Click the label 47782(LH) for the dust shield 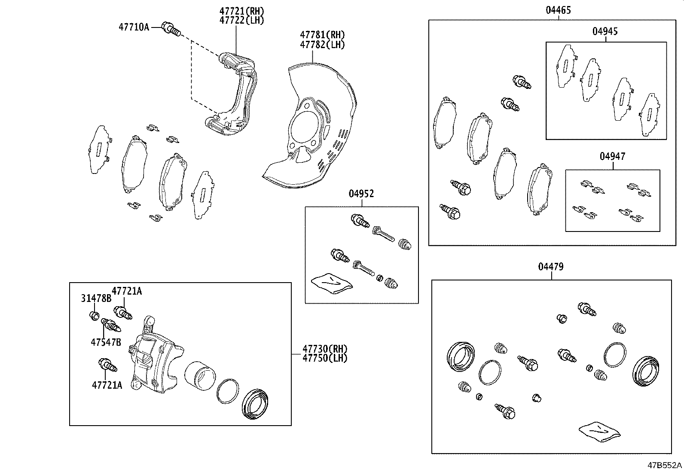coord(322,44)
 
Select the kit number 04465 coord(558,10)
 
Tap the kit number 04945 coord(605,31)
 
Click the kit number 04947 coord(612,156)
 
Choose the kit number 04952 coord(361,194)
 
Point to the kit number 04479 coord(551,267)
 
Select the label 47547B coord(106,342)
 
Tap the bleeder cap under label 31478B coord(94,316)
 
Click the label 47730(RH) coord(324,349)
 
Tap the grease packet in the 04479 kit coord(599,431)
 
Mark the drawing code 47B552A coord(665,465)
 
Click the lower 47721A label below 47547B coord(107,385)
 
